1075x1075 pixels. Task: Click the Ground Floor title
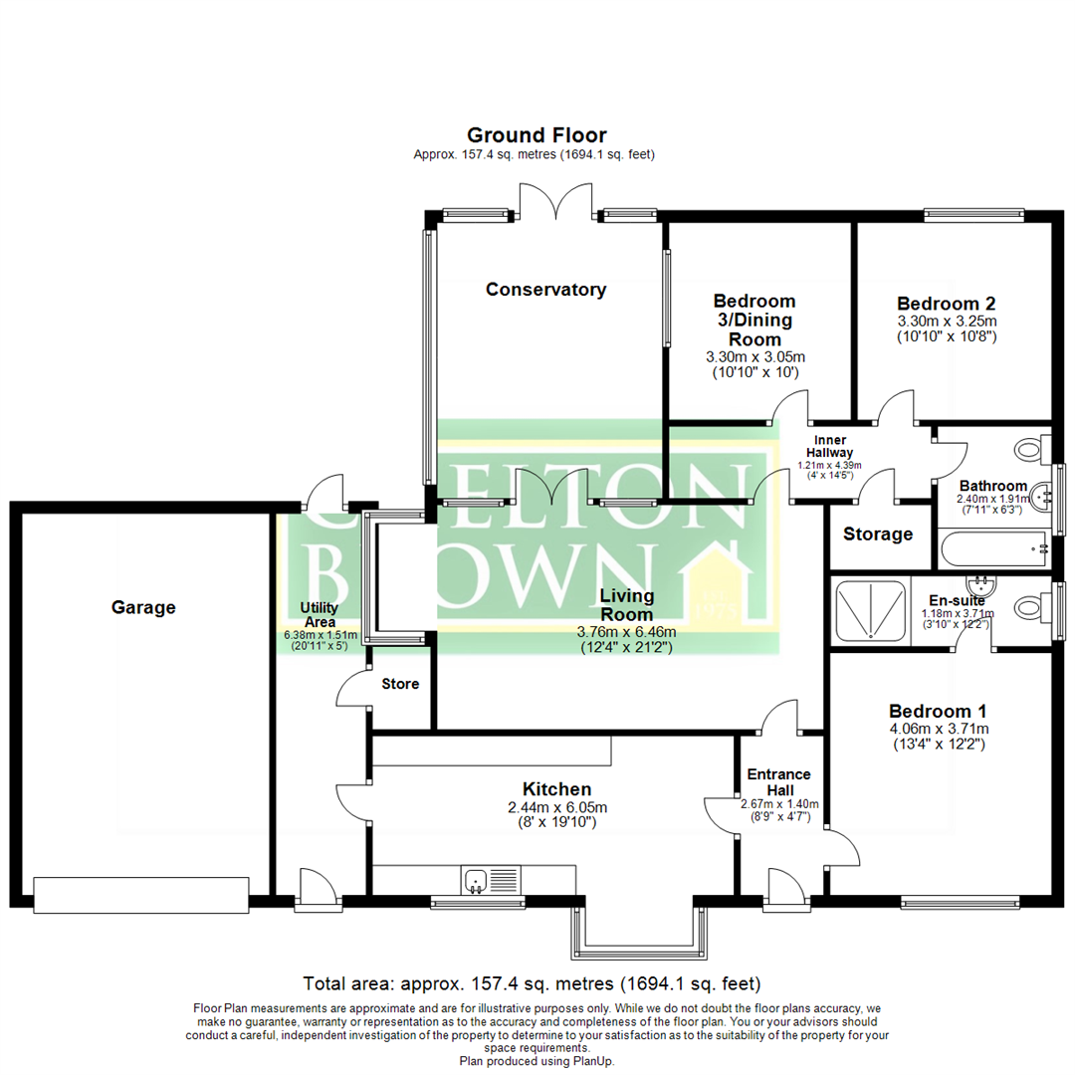537,135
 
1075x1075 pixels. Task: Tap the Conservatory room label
545,290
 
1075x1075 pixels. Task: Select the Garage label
143,606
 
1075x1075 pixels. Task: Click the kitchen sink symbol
475,880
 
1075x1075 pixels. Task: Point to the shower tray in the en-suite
870,609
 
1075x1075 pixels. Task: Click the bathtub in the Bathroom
991,547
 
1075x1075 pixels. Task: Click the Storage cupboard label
878,535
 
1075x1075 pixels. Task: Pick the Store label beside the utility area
400,685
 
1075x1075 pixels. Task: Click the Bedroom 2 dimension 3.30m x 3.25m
947,322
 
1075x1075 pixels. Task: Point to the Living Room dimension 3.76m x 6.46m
626,632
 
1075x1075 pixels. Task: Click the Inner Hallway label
829,445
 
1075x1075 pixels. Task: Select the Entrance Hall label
778,781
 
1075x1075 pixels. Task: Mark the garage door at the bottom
140,894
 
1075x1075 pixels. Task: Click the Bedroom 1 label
938,712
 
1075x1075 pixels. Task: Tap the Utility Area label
320,614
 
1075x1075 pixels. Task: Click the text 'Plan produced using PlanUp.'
537,1061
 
